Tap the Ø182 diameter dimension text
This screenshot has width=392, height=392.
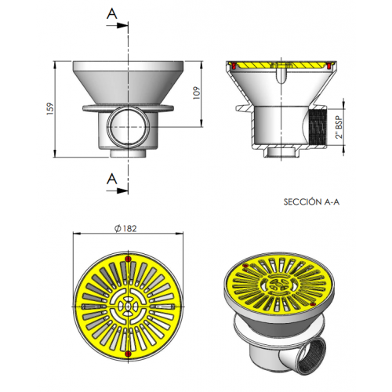click(126, 227)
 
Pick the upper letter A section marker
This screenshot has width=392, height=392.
click(113, 14)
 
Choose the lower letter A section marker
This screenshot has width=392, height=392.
click(113, 180)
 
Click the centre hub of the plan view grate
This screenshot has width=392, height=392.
click(127, 304)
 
